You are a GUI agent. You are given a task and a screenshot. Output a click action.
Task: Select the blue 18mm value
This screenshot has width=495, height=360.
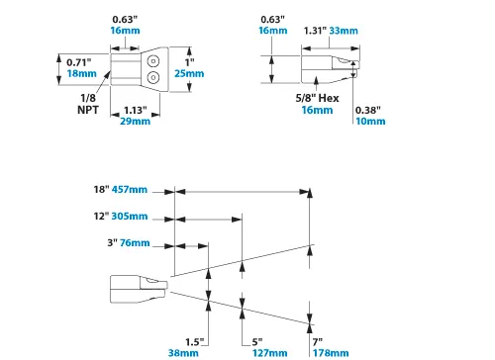[82, 74]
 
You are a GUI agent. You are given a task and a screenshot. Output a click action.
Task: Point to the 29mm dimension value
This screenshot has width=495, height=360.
[136, 121]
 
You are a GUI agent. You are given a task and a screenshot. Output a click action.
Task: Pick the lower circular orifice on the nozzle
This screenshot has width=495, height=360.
[153, 76]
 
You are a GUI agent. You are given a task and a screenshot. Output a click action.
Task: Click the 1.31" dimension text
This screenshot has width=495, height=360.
[314, 30]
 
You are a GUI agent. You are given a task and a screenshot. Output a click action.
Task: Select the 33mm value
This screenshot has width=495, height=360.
[345, 30]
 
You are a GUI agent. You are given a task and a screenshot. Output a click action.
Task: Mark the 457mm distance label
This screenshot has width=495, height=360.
[129, 189]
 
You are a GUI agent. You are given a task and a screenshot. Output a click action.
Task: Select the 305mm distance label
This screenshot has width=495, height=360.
[129, 216]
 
